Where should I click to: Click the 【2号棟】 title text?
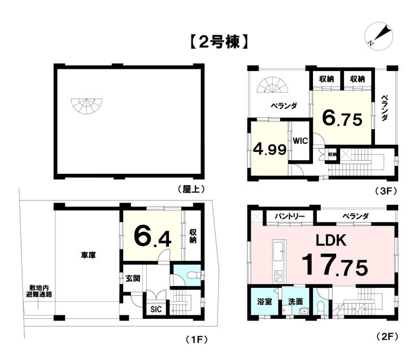click(x=219, y=42)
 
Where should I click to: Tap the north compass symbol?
click(x=378, y=36)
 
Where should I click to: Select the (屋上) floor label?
click(x=191, y=189)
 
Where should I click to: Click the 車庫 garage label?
click(x=88, y=255)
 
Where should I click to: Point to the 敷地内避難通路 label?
click(x=39, y=291)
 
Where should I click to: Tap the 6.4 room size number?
click(x=153, y=237)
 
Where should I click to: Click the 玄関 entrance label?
click(x=133, y=279)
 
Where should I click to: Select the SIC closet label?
click(x=156, y=309)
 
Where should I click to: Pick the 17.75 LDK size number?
click(x=334, y=265)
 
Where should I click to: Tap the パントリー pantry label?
click(x=290, y=216)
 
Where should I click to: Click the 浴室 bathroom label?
click(x=264, y=302)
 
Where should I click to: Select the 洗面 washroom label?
click(x=295, y=302)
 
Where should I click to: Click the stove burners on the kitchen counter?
click(x=278, y=275)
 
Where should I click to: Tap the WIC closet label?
click(x=300, y=141)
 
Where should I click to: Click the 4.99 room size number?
click(x=270, y=150)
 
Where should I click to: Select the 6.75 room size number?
click(x=342, y=118)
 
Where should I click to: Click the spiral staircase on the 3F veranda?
click(x=272, y=85)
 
